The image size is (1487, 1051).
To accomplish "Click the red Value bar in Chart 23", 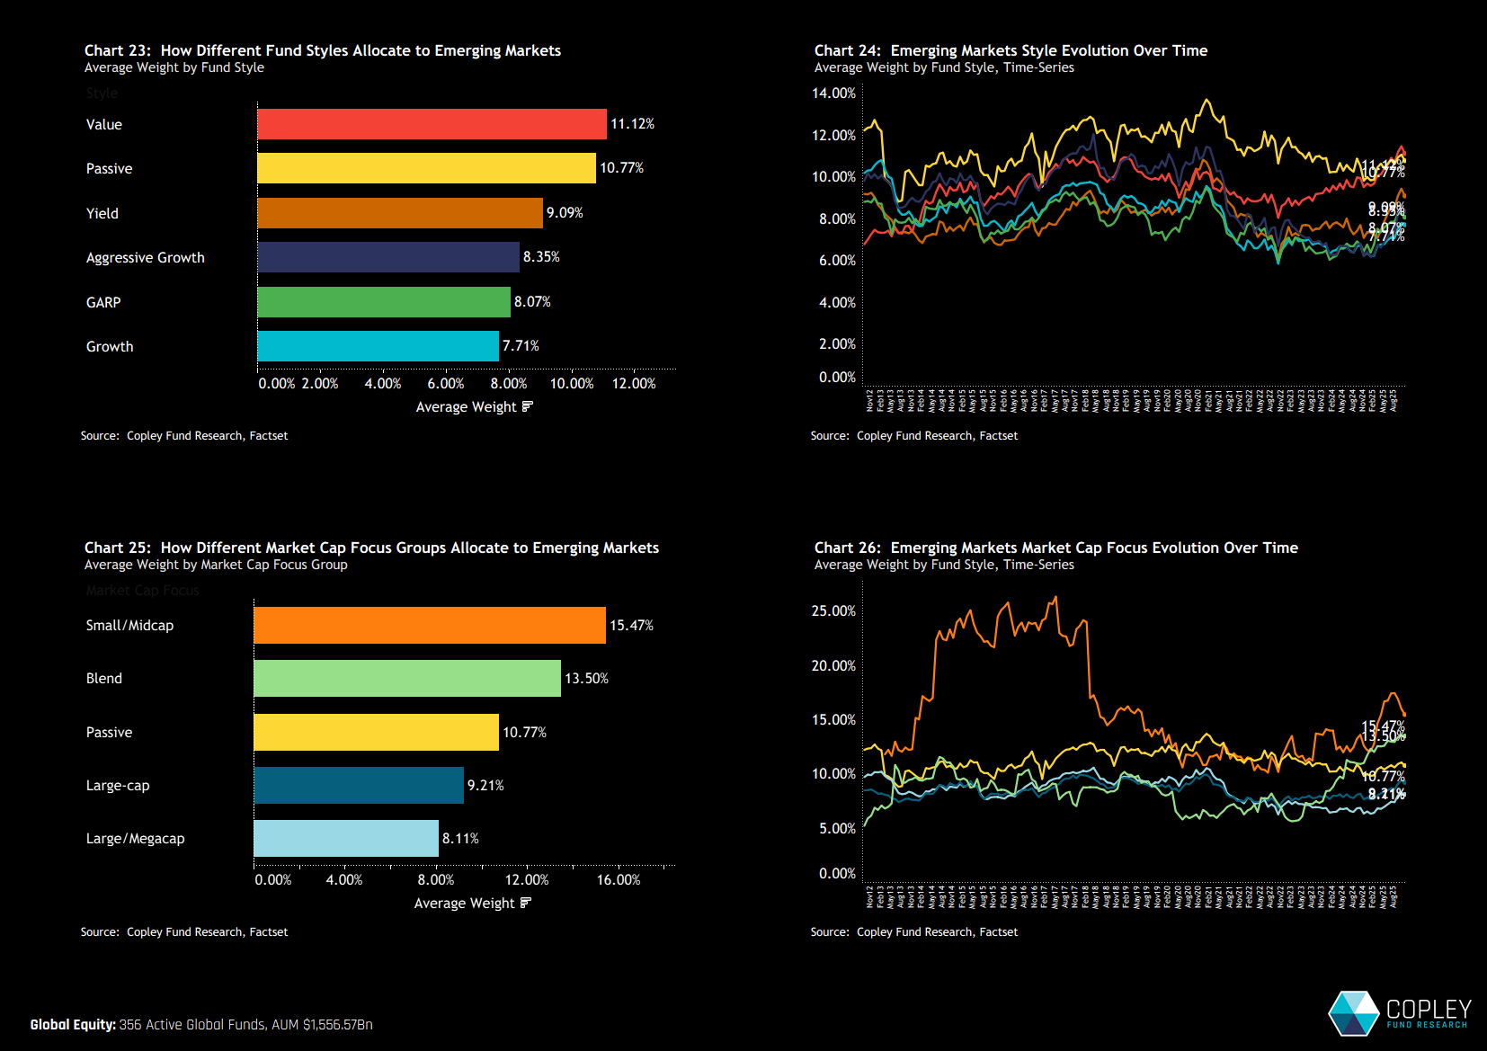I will click(x=432, y=124).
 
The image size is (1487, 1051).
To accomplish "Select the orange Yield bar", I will click(x=400, y=213).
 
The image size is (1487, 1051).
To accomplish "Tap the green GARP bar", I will click(x=384, y=302).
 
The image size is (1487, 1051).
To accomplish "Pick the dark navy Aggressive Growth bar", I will click(x=388, y=257).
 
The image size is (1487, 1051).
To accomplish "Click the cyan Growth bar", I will click(x=378, y=346).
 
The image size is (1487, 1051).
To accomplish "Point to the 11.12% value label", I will click(x=632, y=124).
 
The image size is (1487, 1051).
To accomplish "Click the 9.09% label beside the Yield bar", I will click(x=565, y=213).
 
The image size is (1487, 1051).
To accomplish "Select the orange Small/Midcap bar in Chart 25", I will click(x=430, y=626).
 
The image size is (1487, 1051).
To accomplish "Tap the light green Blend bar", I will click(x=407, y=679).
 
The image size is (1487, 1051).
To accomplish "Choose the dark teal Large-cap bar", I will click(x=359, y=786).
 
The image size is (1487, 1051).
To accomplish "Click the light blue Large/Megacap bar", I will click(x=346, y=839).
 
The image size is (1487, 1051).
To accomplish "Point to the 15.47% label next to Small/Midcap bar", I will click(x=631, y=626).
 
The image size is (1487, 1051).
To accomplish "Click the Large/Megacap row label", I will click(x=135, y=839).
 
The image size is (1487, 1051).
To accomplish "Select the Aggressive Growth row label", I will click(x=145, y=258).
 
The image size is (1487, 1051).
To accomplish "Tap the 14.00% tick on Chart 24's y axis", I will click(x=833, y=94).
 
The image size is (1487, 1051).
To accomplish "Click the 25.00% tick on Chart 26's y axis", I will click(x=833, y=611).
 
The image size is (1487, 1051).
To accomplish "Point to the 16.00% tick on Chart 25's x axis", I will click(x=619, y=880).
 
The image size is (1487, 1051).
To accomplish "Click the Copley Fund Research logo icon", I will click(x=1354, y=1013).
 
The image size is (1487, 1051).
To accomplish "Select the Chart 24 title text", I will click(x=1011, y=51).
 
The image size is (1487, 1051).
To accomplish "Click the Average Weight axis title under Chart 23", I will click(x=467, y=407).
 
